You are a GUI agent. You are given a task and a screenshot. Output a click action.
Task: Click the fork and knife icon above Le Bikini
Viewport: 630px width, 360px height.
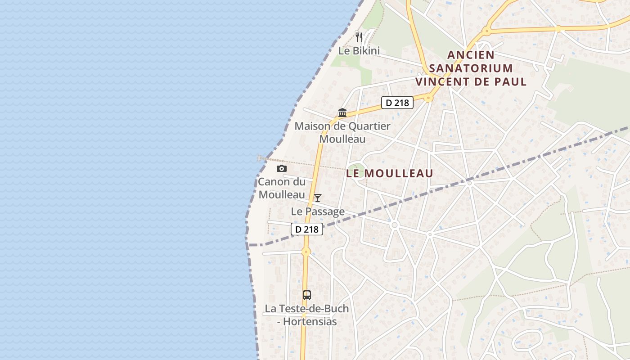359,37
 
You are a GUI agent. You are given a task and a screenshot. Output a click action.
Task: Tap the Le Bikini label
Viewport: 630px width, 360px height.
359,51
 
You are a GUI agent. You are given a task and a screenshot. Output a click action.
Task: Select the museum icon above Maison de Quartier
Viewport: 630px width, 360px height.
342,112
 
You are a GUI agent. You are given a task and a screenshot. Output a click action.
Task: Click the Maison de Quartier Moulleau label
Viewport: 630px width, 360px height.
342,133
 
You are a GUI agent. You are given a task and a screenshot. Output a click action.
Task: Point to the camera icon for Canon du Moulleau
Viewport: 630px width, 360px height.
282,168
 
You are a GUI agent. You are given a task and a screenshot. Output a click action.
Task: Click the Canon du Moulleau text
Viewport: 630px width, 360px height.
281,189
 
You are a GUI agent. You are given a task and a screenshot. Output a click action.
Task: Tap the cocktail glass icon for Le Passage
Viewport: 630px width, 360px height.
318,198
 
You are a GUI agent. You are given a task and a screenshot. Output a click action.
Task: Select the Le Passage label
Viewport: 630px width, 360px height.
318,211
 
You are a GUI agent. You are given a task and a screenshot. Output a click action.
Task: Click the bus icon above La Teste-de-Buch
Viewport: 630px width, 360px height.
307,295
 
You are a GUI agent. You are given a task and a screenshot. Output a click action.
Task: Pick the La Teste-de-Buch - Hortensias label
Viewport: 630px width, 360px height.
307,315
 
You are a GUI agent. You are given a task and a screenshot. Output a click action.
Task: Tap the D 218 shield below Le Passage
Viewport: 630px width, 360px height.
307,229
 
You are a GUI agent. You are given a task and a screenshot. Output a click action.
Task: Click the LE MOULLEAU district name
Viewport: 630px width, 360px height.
390,173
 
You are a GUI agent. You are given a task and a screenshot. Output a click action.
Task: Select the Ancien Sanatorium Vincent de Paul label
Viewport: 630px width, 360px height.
471,68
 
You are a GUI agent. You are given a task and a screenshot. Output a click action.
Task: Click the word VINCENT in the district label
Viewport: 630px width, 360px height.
445,82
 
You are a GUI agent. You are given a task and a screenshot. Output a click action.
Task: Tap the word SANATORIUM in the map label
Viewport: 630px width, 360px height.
471,68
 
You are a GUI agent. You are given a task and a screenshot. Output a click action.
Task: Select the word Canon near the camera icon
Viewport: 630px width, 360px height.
274,182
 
